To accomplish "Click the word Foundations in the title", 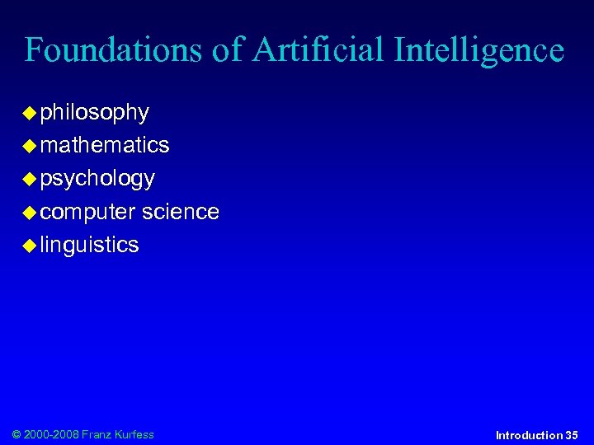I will tap(114, 51).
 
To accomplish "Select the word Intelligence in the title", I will tap(478, 51).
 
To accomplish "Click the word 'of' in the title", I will tap(228, 51).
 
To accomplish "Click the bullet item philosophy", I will tap(94, 112).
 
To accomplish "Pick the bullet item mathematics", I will tap(104, 145).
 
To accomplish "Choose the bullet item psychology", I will tap(97, 179).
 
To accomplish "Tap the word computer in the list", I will tap(87, 212).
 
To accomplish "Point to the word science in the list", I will tap(180, 212).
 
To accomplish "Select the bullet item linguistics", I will tap(89, 245).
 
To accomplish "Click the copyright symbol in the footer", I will tap(17, 434).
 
